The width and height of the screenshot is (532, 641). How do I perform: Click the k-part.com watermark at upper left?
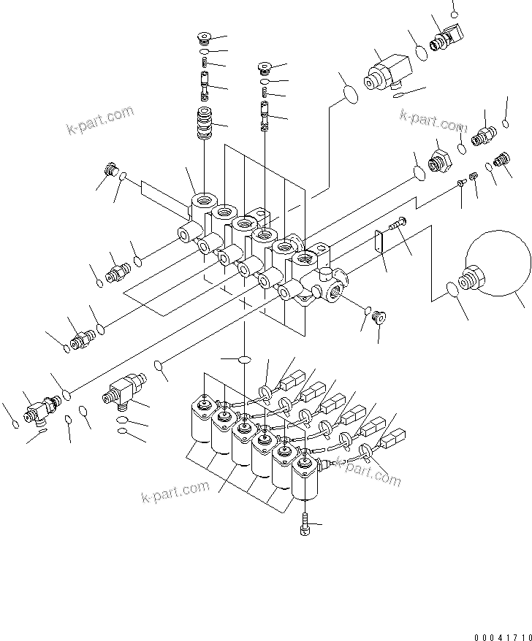point(100,121)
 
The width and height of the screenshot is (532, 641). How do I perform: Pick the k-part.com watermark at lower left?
point(175,493)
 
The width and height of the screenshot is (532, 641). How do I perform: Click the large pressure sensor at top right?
point(387,72)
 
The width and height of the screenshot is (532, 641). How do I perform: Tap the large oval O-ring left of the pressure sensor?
point(350,95)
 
